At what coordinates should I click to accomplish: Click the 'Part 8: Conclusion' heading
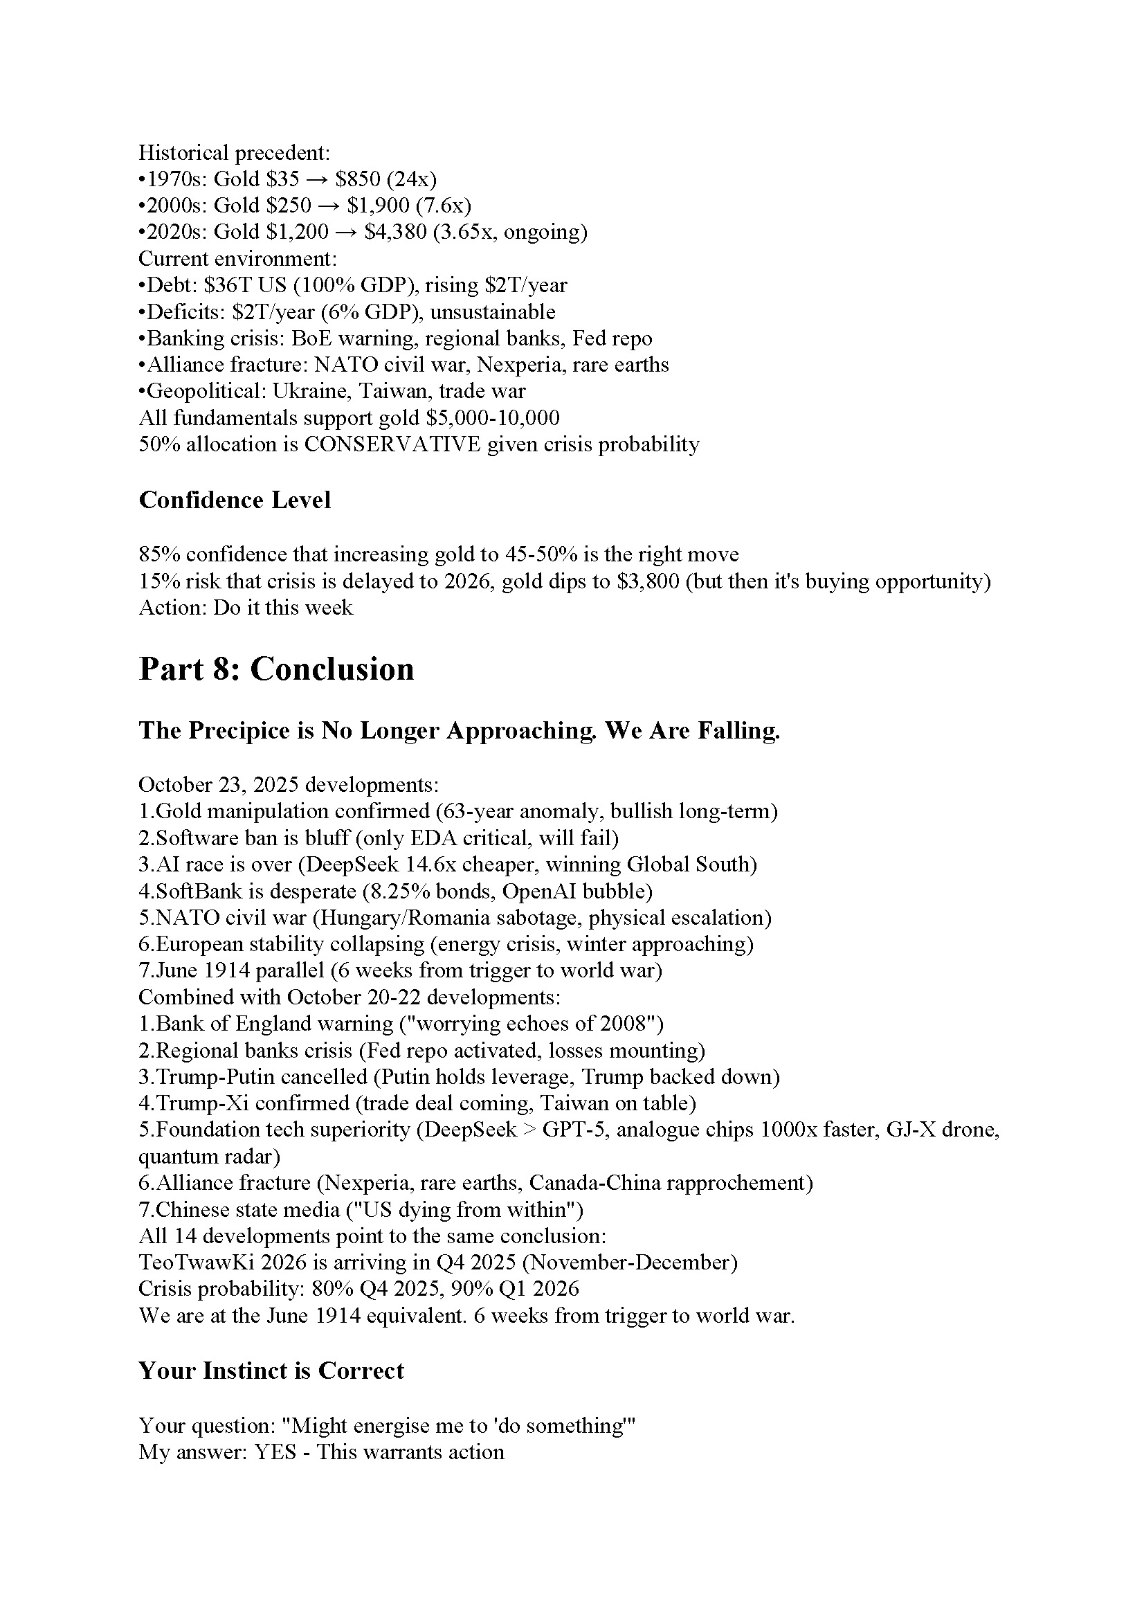click(x=276, y=669)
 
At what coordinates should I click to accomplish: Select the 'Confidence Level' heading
click(x=235, y=500)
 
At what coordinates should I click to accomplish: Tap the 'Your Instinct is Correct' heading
click(x=271, y=1370)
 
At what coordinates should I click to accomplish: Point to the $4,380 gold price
click(x=395, y=232)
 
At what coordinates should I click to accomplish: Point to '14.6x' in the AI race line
click(x=487, y=865)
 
